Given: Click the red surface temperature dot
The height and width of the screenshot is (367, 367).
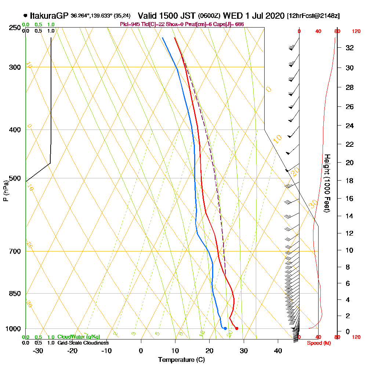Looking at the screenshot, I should (x=237, y=328).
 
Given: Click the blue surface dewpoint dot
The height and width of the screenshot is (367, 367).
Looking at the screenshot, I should (x=225, y=328).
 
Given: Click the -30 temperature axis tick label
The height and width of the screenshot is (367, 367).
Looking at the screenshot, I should (x=38, y=351).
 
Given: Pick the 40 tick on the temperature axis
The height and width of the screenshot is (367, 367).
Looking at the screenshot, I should (x=278, y=351).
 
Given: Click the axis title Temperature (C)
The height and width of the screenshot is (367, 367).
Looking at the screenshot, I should (x=181, y=360).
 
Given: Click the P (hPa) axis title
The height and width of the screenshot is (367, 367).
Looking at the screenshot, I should (x=6, y=191).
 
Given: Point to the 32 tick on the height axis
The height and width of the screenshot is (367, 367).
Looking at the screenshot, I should (x=350, y=48).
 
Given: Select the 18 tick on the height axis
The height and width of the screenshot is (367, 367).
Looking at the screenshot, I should (x=350, y=181).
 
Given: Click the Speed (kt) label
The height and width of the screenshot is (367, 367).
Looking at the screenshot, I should (x=317, y=343).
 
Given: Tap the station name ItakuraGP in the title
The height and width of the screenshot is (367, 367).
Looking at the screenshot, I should (x=49, y=16).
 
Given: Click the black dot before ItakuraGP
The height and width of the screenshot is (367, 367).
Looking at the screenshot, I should (x=25, y=16).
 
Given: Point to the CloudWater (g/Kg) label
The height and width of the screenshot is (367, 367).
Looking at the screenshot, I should (x=79, y=337).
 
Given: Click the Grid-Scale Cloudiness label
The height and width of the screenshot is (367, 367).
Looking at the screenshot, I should (x=83, y=343).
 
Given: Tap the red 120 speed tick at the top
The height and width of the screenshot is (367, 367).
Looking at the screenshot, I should (x=356, y=32).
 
